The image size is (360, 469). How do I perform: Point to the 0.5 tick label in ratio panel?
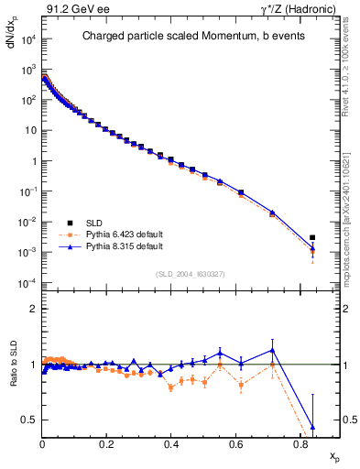click(27, 420)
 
